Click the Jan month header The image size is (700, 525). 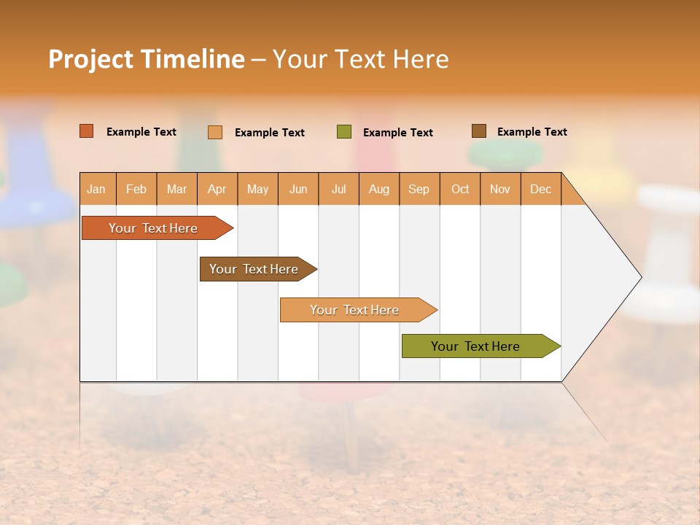[96, 189]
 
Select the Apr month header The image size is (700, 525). [217, 189]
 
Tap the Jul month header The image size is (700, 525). [338, 189]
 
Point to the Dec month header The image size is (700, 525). [540, 189]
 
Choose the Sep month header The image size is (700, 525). [419, 189]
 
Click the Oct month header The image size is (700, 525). [460, 189]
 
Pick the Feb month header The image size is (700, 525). [136, 189]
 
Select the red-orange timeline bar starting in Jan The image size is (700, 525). [153, 228]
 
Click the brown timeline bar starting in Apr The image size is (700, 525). [254, 269]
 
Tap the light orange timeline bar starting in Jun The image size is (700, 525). [354, 310]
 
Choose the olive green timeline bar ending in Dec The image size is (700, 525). [475, 346]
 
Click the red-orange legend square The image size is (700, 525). [87, 131]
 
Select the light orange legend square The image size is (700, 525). [215, 132]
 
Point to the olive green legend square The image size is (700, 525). [344, 132]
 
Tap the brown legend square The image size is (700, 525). [479, 131]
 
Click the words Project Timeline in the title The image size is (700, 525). [146, 59]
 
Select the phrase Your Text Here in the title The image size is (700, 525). [360, 59]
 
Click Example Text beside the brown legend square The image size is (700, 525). [532, 132]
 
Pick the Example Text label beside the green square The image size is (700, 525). [397, 133]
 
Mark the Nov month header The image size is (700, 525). [500, 189]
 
